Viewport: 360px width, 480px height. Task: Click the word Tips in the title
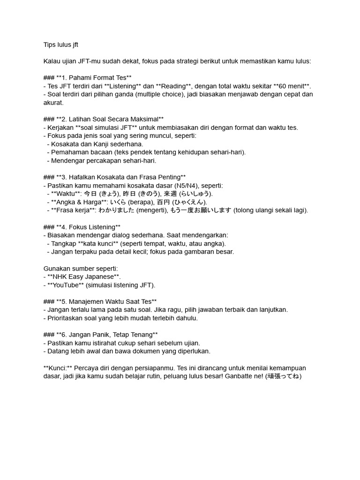[49, 45]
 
